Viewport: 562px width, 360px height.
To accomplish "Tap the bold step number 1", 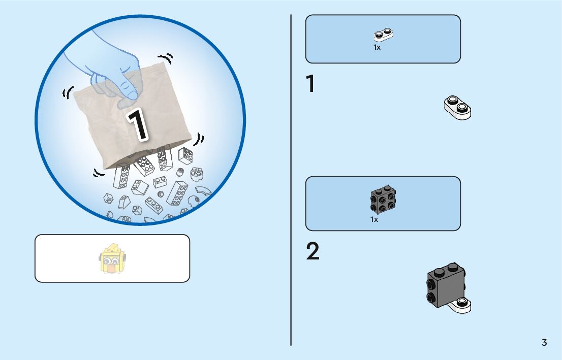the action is (x=310, y=84).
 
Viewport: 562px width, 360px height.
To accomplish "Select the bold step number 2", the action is (x=313, y=251).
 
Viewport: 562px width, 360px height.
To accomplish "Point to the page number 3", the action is (x=544, y=342).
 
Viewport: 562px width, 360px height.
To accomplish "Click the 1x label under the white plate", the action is (x=377, y=47).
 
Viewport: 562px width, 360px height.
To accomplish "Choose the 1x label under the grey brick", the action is (x=374, y=220).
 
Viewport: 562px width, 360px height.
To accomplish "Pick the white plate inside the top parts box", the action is (x=384, y=35).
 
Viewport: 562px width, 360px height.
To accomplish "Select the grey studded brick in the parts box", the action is (x=384, y=201).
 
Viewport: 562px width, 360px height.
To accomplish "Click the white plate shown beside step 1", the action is (x=457, y=107).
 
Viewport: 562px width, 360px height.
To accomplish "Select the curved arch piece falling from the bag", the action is (x=205, y=192).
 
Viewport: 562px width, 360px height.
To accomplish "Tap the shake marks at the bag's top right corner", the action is (x=165, y=59).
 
